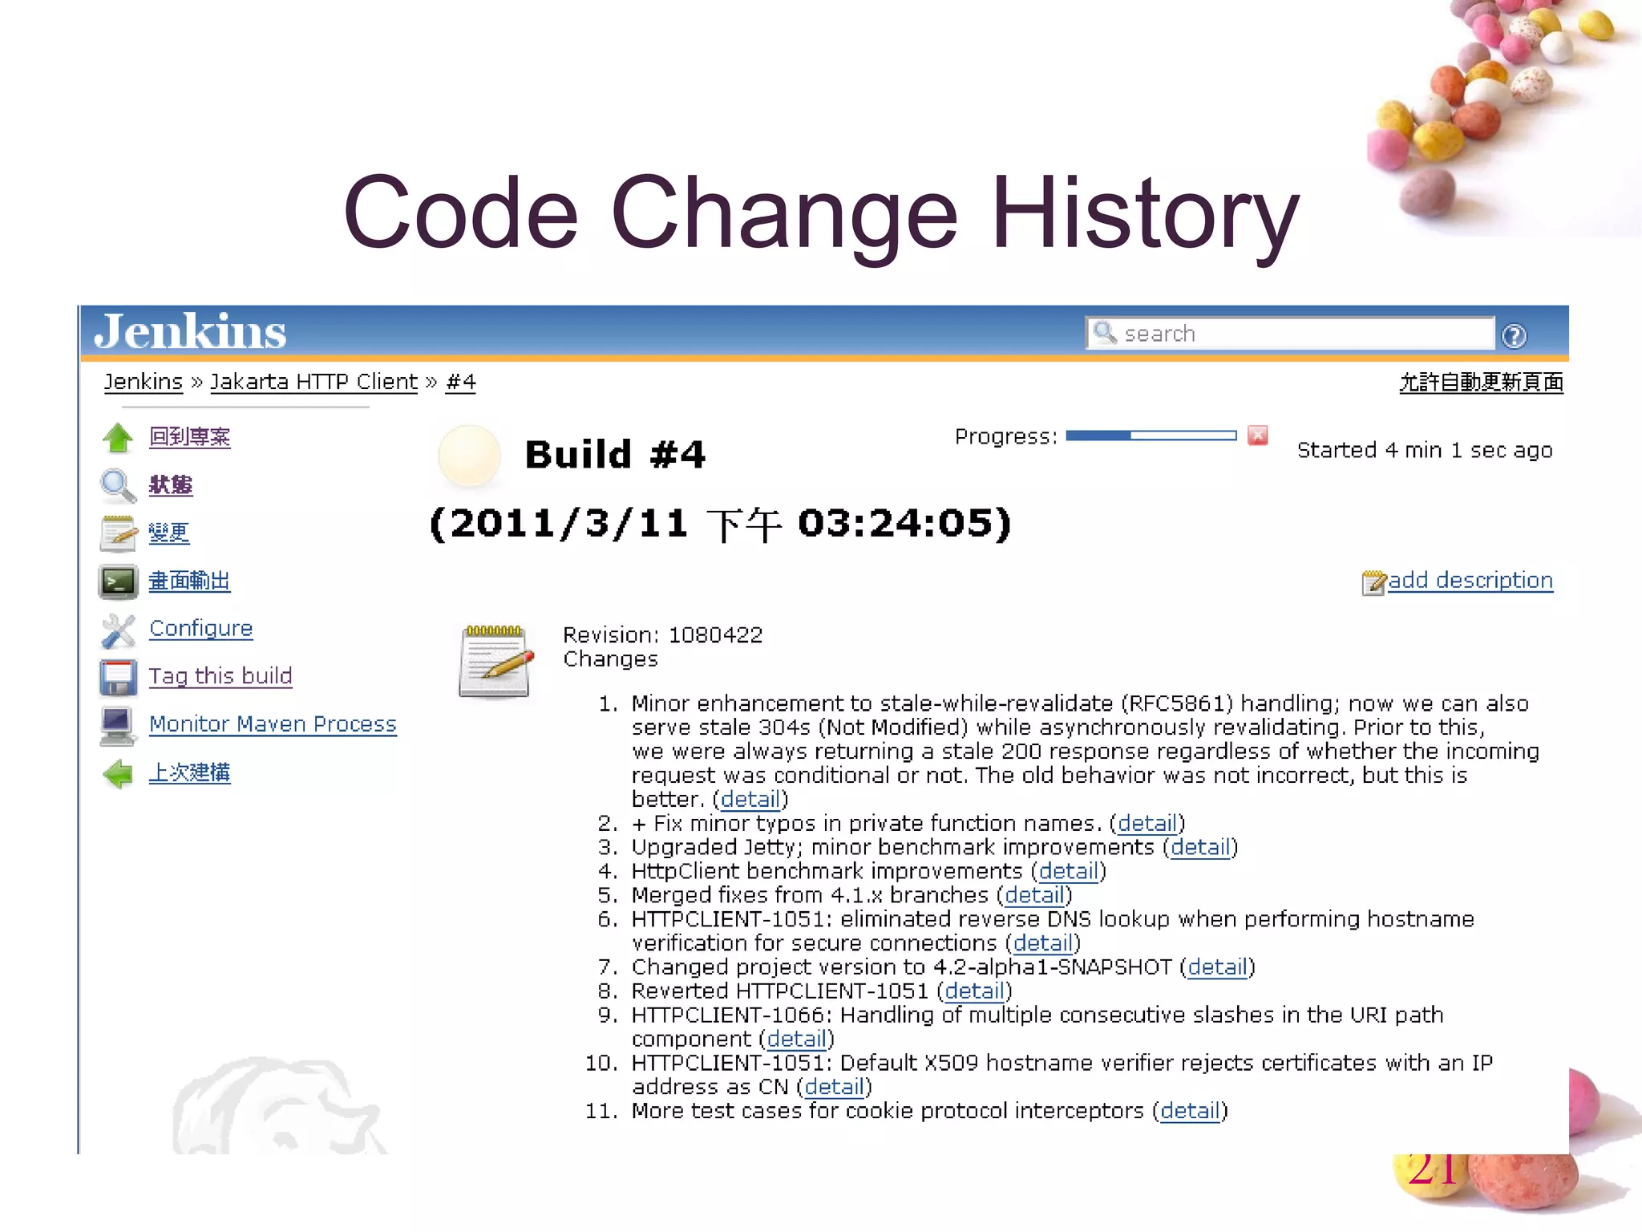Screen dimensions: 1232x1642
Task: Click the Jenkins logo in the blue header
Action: [x=190, y=331]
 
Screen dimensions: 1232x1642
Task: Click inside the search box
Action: [x=1299, y=334]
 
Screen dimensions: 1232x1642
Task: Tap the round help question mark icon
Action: [x=1514, y=336]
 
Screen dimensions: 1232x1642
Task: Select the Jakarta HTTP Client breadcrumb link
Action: [x=313, y=382]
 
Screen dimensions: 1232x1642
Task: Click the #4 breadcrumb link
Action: [x=461, y=382]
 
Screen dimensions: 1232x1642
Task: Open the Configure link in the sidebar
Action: [x=200, y=628]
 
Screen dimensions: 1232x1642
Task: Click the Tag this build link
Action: [x=220, y=676]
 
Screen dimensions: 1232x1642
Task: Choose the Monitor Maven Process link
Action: [x=273, y=724]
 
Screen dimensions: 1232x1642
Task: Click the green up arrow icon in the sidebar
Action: [x=119, y=438]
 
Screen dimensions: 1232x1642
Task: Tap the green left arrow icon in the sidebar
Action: [x=119, y=773]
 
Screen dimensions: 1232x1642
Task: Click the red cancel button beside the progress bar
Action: [x=1258, y=436]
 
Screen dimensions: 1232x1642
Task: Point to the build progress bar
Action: [x=1151, y=436]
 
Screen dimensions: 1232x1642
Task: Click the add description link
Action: [x=1470, y=580]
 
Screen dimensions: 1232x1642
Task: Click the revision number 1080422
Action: [x=715, y=635]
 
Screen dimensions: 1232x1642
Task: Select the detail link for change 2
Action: [x=1147, y=824]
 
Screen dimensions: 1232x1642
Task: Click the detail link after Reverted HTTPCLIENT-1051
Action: [x=974, y=991]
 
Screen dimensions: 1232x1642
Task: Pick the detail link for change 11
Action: [x=1190, y=1111]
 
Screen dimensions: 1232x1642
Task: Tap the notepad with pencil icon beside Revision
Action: [x=495, y=662]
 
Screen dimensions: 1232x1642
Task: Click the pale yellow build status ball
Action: [x=469, y=455]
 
